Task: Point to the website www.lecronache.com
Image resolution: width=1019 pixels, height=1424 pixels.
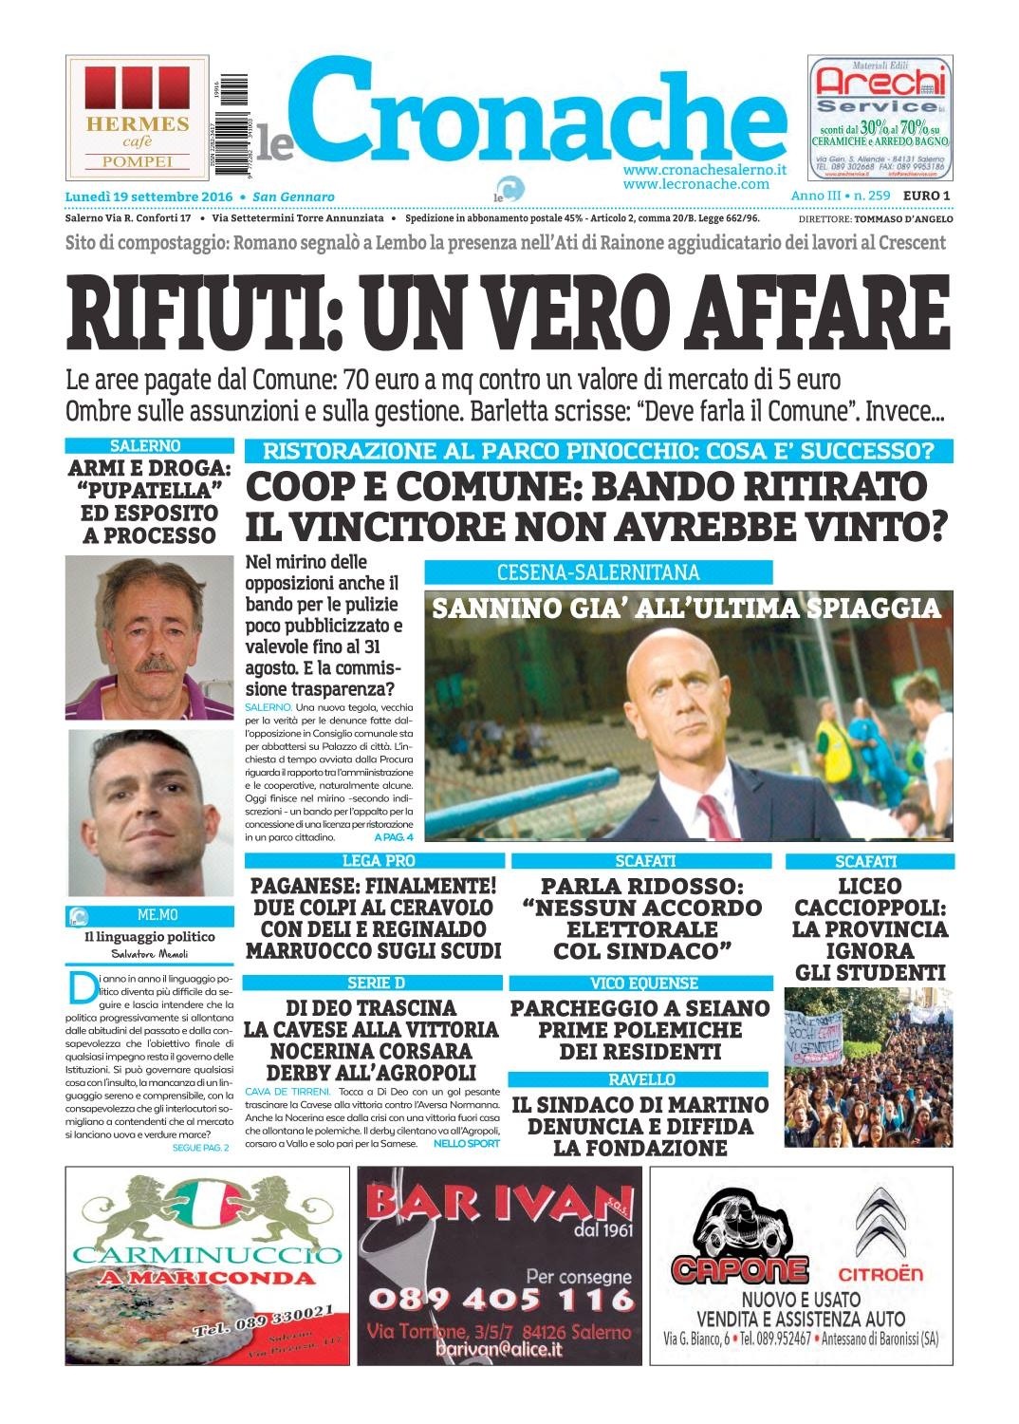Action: point(695,183)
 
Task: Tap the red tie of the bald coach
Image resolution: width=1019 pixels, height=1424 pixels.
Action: point(707,811)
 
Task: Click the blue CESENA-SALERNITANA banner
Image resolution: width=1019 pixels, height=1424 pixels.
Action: point(598,572)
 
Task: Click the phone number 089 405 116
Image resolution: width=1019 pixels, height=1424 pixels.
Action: point(499,1298)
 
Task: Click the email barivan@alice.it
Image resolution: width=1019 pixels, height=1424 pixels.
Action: point(498,1349)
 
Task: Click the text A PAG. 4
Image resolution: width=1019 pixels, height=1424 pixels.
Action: point(394,838)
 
